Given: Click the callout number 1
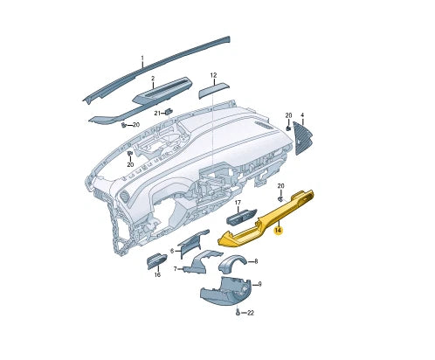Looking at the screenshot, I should tap(142, 59).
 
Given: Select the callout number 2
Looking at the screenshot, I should tap(152, 80).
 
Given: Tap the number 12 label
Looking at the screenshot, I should tap(212, 75).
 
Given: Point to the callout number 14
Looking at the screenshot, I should tap(278, 230).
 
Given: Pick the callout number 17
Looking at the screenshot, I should tap(237, 204).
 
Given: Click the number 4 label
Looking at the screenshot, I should tap(302, 115).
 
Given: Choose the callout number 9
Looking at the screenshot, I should tap(259, 284).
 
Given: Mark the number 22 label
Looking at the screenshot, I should tap(250, 313).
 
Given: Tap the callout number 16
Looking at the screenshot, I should tap(157, 274).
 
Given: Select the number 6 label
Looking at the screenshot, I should tap(173, 252).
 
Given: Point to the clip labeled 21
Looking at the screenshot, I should tap(169, 112).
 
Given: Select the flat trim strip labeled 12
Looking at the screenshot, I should tap(213, 90).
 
